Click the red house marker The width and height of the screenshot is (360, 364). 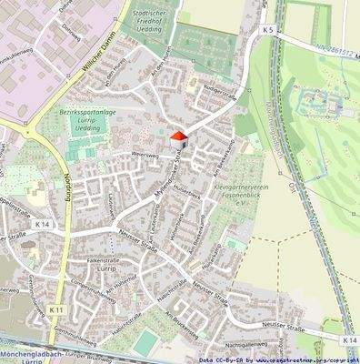pyautogui.click(x=178, y=141)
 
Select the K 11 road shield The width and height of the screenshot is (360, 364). pyautogui.click(x=56, y=310)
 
